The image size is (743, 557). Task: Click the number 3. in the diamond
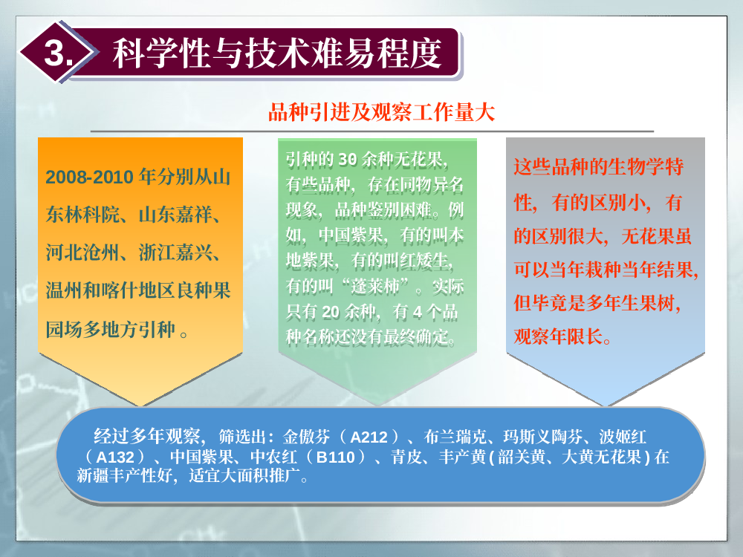[59, 52]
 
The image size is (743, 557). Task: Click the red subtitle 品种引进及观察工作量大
[381, 112]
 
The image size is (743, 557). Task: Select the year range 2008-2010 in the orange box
[90, 177]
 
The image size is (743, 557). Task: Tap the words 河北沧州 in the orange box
[82, 253]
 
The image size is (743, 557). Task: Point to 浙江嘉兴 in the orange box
[175, 253]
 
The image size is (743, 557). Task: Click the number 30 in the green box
[347, 160]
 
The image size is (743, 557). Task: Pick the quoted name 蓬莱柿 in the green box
[374, 287]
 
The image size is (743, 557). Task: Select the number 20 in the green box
[331, 312]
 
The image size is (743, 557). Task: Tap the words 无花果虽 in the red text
[656, 236]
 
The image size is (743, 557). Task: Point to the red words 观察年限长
[558, 336]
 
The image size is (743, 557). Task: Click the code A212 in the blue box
[369, 437]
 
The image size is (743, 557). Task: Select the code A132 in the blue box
[115, 457]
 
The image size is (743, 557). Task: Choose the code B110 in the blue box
[336, 457]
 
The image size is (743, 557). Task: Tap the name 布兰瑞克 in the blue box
[455, 437]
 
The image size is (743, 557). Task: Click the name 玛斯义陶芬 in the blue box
[542, 437]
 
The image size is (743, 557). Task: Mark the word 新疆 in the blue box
[93, 475]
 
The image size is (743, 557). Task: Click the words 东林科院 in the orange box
[82, 215]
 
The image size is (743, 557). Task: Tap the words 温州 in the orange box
[65, 290]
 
